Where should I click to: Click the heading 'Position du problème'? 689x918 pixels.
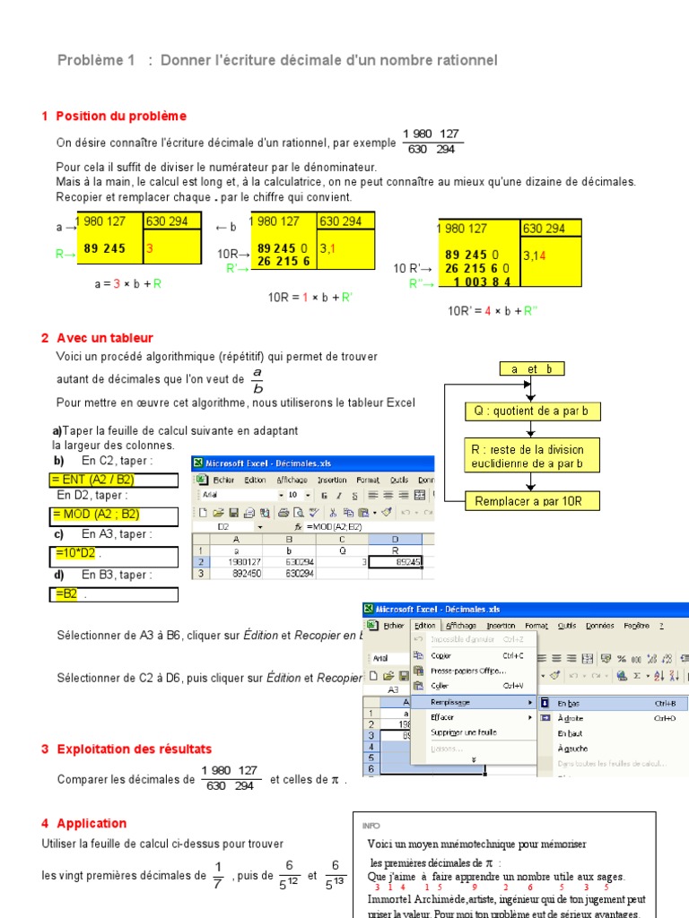(120, 116)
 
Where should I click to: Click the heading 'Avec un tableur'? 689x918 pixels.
(104, 338)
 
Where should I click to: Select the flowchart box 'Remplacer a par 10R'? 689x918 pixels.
(532, 501)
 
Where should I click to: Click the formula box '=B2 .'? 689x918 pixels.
(71, 594)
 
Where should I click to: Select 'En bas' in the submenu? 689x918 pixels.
(569, 704)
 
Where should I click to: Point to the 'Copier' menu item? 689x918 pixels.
(440, 655)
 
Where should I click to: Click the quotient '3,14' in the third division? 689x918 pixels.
(535, 255)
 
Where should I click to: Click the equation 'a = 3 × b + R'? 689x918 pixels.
(127, 283)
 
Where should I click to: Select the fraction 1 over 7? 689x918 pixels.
(217, 876)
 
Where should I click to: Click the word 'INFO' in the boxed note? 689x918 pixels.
(371, 826)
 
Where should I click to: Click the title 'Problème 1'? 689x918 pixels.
(96, 60)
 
